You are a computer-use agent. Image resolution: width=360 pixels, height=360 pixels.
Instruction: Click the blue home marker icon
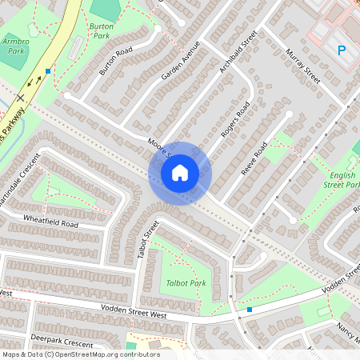pos(180,173)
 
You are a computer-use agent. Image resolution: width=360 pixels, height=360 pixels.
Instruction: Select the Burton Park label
pos(101,30)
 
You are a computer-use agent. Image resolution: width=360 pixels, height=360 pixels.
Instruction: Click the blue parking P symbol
pos(342,50)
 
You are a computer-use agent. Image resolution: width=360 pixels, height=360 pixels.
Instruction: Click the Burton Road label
pos(115,62)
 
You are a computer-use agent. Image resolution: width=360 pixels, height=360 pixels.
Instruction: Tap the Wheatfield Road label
pos(50,221)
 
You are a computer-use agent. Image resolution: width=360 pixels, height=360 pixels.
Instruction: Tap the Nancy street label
pos(346,330)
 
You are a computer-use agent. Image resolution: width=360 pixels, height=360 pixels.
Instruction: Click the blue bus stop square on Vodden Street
pos(250,310)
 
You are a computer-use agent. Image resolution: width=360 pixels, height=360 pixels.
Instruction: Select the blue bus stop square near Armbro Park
pos(48,71)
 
